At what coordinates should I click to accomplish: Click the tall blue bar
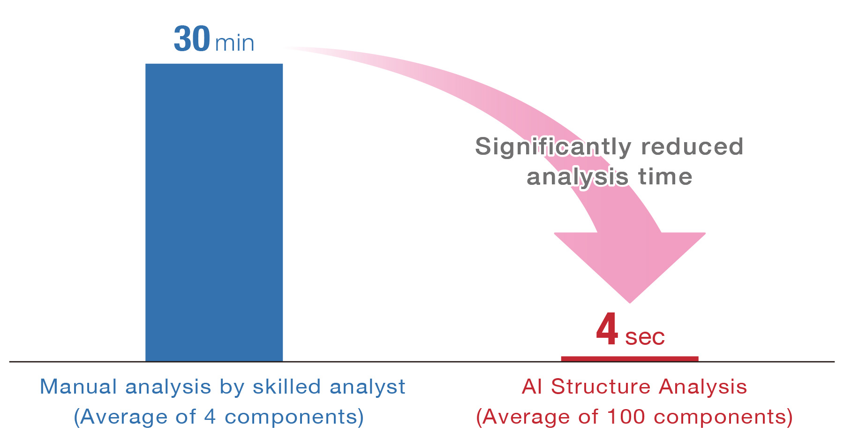click(214, 213)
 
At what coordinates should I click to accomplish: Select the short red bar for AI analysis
click(630, 359)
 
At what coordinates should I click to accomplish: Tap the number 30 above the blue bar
click(192, 38)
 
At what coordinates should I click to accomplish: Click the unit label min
click(234, 43)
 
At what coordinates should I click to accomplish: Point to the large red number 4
click(607, 329)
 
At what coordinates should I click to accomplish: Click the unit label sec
click(645, 337)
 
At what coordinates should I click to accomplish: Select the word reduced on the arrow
click(692, 146)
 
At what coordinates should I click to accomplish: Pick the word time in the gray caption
click(665, 177)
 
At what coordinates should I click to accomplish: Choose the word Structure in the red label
click(601, 387)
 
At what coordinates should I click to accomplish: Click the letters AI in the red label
click(532, 387)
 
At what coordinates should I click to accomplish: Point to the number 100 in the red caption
click(626, 417)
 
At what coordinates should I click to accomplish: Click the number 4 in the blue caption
click(210, 417)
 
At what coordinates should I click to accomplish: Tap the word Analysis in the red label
click(703, 387)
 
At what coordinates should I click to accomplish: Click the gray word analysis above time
click(578, 177)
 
